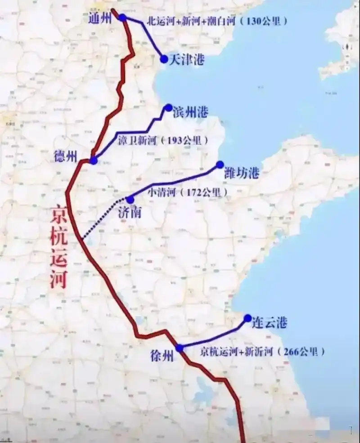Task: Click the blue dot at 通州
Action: [x=122, y=18]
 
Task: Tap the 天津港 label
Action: [x=186, y=60]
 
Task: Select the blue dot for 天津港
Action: [x=164, y=59]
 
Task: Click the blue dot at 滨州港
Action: [x=168, y=107]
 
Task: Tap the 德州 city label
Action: [x=65, y=156]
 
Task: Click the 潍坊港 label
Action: [x=242, y=172]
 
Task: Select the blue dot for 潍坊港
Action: [x=220, y=165]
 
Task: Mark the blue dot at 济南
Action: [x=130, y=199]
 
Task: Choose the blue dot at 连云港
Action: [x=247, y=318]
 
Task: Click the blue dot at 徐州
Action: [x=180, y=348]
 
